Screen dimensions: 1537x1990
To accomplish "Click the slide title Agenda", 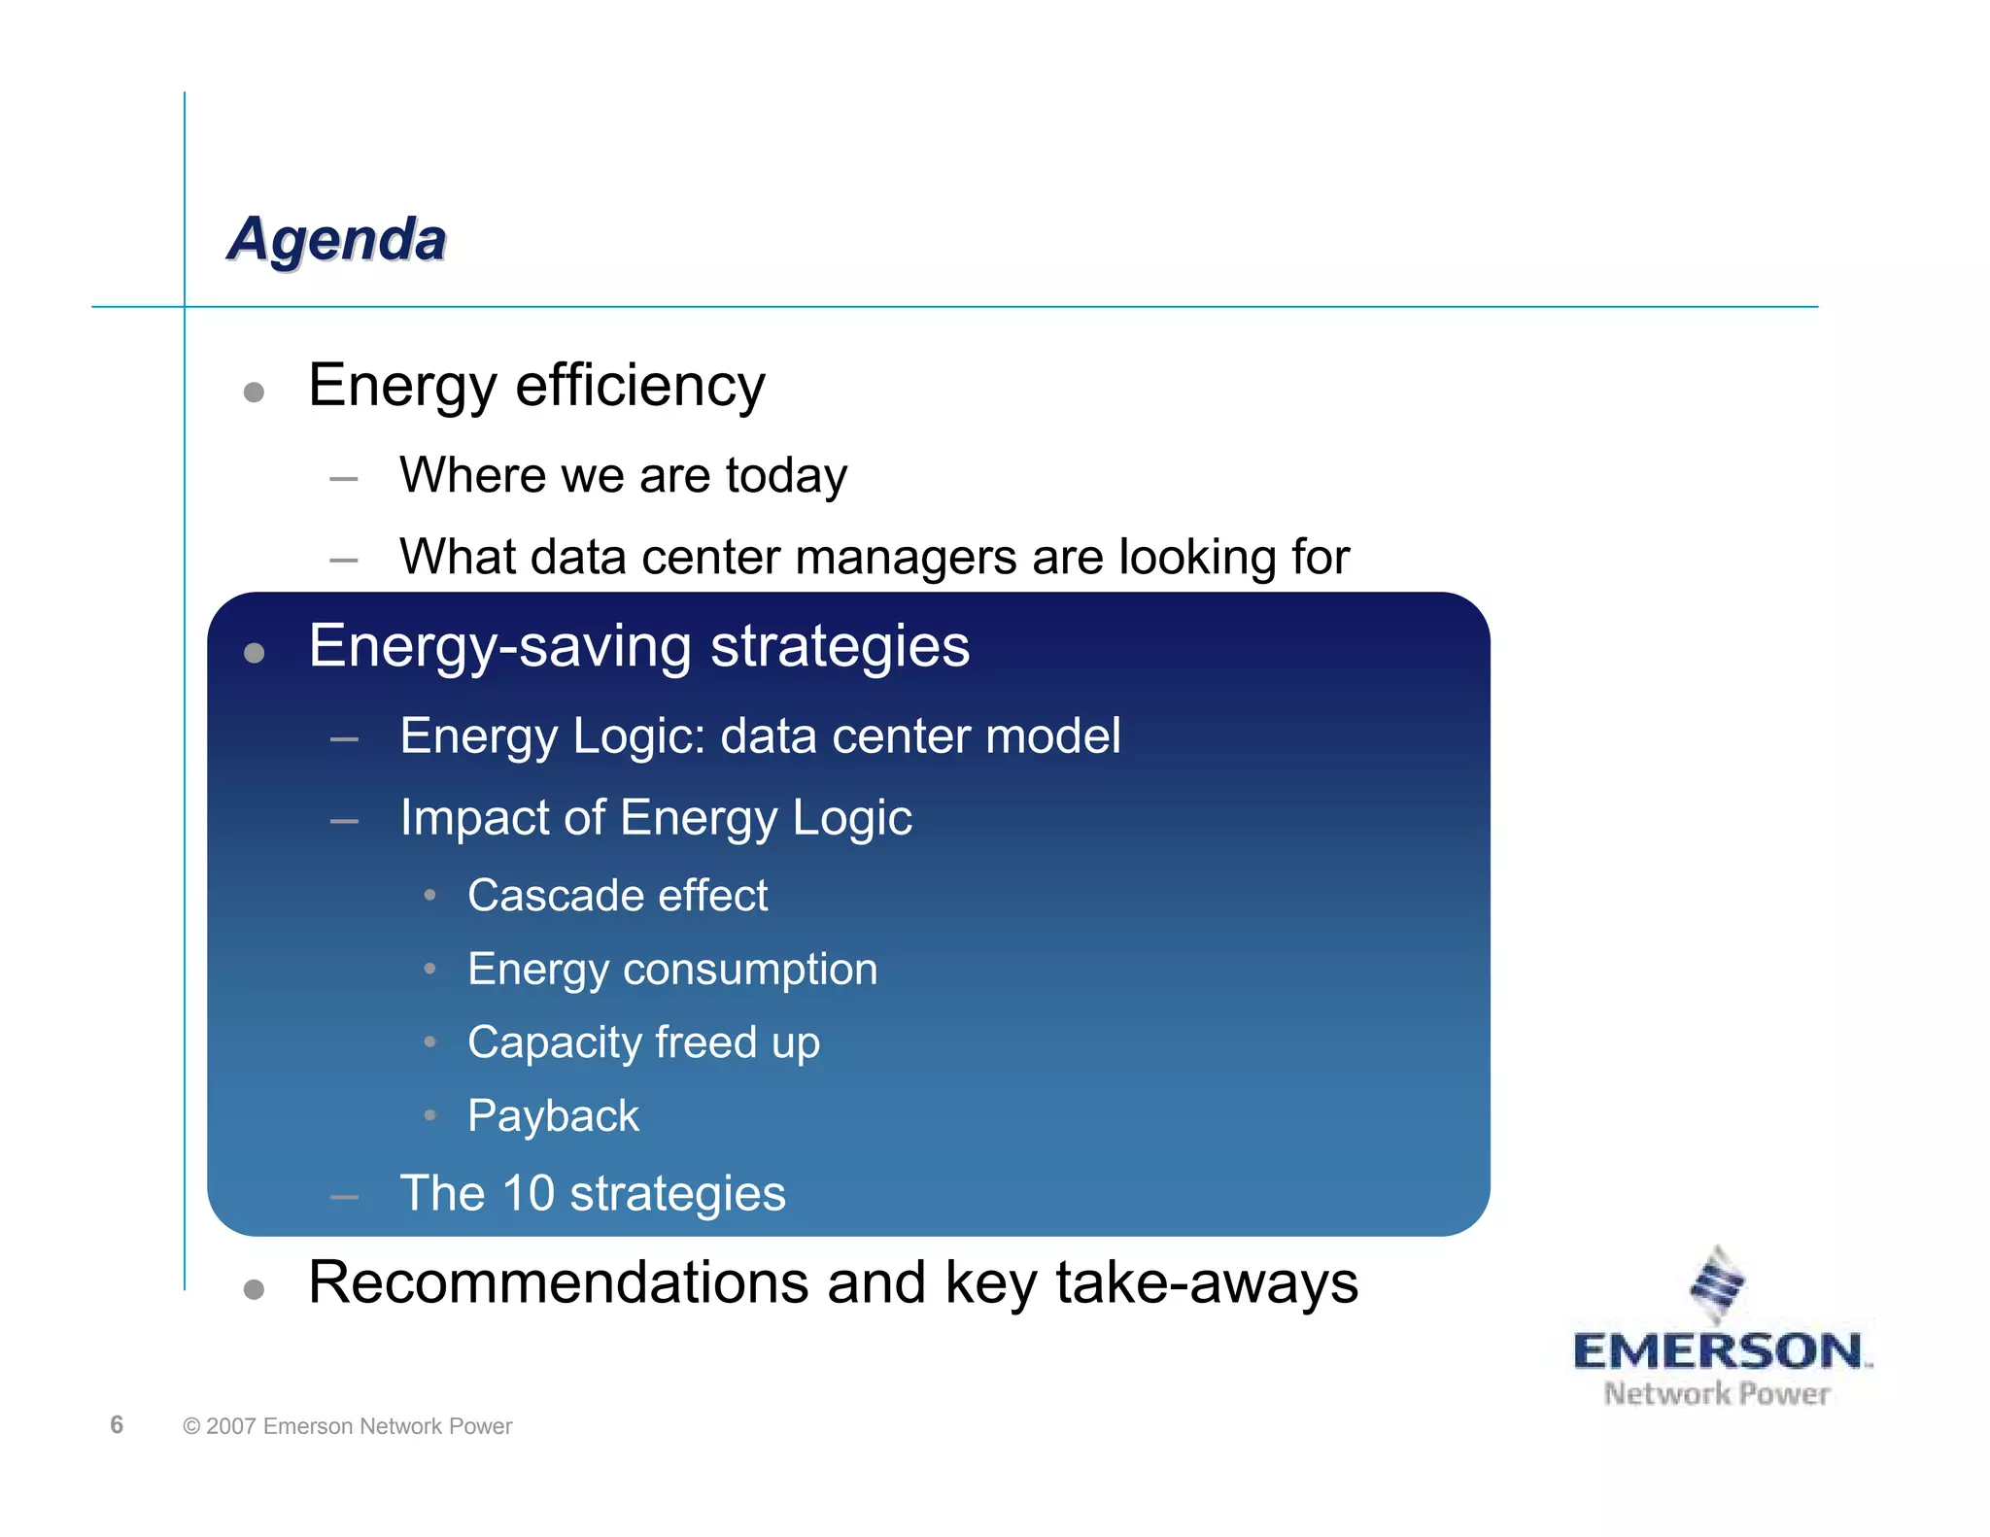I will click(x=337, y=239).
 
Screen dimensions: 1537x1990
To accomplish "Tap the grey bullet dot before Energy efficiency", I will click(x=254, y=393).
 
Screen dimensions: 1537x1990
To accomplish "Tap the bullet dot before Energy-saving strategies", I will click(x=254, y=653).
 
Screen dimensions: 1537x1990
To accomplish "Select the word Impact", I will click(x=473, y=817).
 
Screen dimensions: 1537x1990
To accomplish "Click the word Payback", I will click(x=553, y=1115).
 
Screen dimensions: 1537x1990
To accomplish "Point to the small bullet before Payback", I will click(x=429, y=1115).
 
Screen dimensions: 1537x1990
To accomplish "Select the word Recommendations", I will click(x=558, y=1282).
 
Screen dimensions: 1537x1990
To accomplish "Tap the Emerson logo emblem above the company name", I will click(x=1717, y=1284).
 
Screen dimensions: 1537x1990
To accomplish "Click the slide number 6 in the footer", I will click(x=117, y=1424).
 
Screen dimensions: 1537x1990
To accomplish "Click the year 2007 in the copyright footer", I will click(x=230, y=1426).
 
